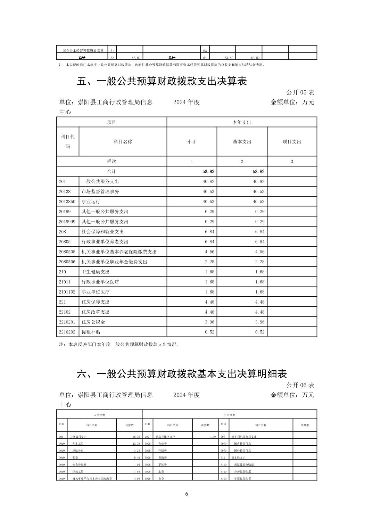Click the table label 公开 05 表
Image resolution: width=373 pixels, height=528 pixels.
pyautogui.click(x=300, y=92)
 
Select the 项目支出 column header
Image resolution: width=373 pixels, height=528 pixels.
pyautogui.click(x=292, y=142)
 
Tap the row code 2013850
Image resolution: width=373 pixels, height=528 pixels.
pyautogui.click(x=67, y=201)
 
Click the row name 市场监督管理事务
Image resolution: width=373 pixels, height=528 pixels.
pyautogui.click(x=100, y=191)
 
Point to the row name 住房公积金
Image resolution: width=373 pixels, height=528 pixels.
pyautogui.click(x=93, y=322)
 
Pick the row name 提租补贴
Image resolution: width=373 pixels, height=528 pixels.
pyautogui.click(x=91, y=332)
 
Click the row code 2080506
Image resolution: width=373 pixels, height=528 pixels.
pyautogui.click(x=67, y=262)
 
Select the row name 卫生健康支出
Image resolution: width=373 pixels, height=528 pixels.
pyautogui.click(x=96, y=272)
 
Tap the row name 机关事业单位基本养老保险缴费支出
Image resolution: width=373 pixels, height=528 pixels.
pyautogui.click(x=119, y=252)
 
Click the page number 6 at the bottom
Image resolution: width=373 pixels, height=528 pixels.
pyautogui.click(x=186, y=494)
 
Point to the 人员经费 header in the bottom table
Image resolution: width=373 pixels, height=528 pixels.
pyautogui.click(x=99, y=415)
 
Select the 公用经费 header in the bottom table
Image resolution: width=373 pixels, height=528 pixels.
pyautogui.click(x=230, y=415)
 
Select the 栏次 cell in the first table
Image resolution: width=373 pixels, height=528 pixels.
pyautogui.click(x=111, y=162)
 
